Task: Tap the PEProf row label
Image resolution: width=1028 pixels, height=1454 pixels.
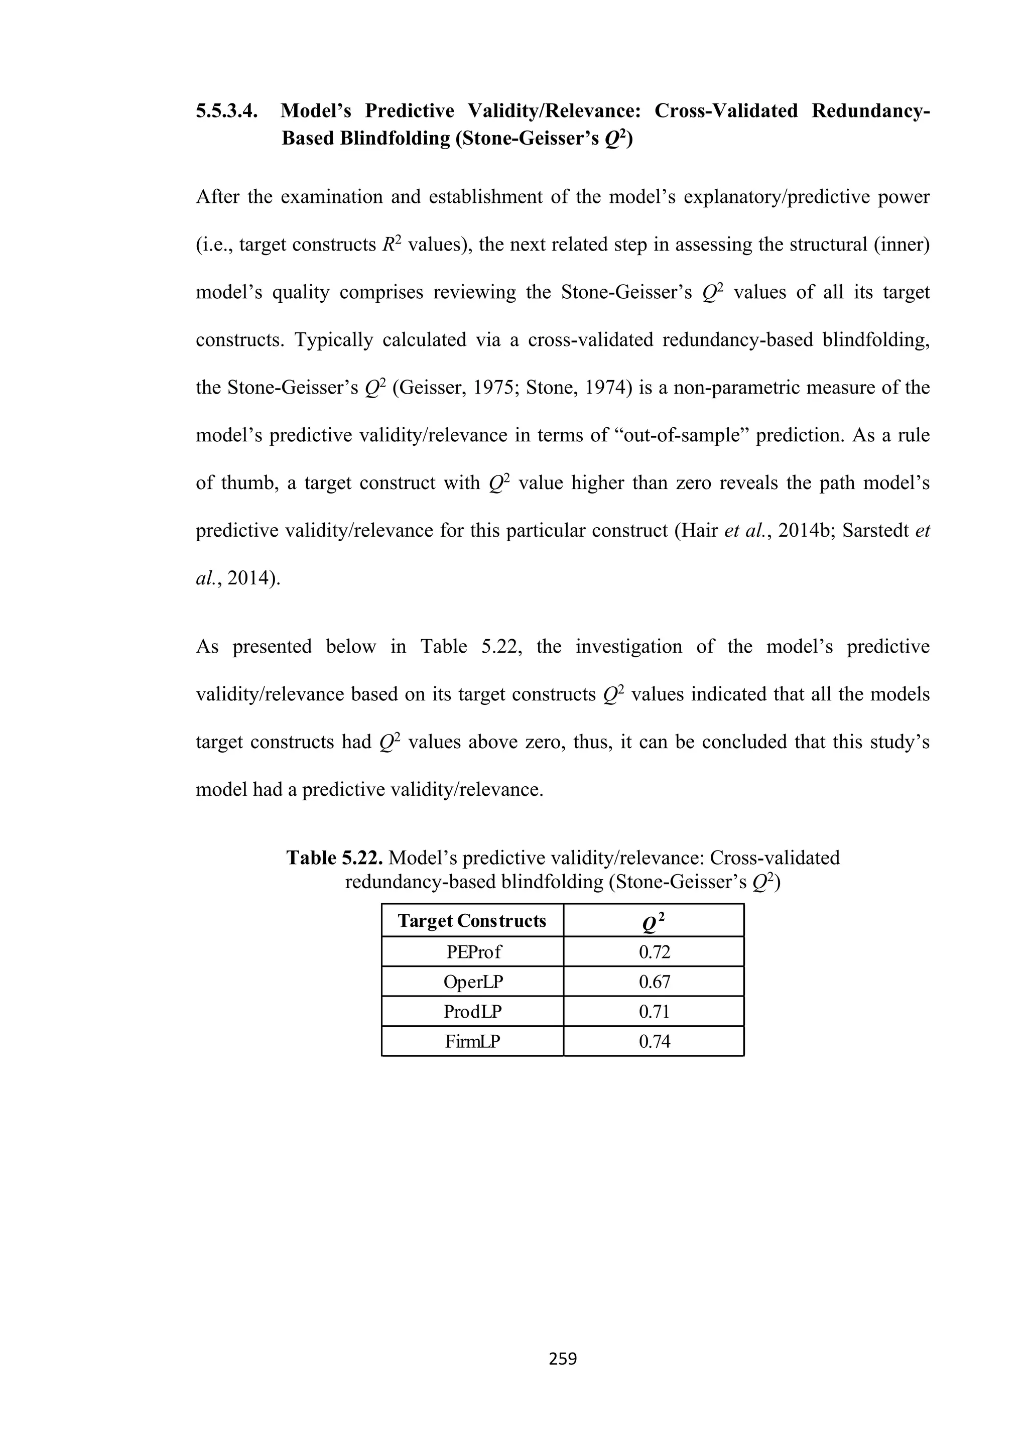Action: (x=472, y=952)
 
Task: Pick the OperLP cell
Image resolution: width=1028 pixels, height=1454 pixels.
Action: (x=472, y=982)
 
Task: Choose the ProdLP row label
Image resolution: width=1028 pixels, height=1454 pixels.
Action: (x=472, y=1011)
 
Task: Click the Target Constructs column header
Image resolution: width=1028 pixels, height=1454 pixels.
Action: (x=472, y=921)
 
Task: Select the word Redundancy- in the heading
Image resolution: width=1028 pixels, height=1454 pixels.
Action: (x=870, y=111)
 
